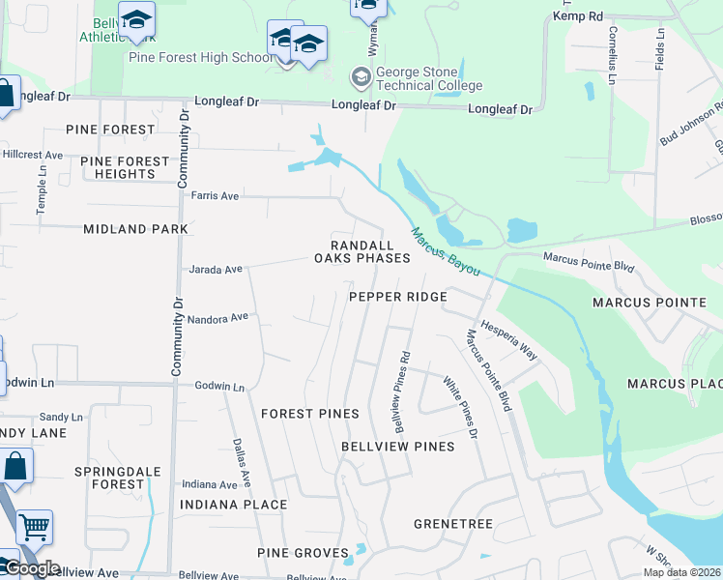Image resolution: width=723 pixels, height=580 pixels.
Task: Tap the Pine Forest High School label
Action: pos(201,57)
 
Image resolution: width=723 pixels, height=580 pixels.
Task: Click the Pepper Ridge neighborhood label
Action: pos(397,297)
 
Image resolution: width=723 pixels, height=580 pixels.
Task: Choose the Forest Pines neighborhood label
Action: pos(310,414)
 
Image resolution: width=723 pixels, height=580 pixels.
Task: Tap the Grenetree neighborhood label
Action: pos(453,524)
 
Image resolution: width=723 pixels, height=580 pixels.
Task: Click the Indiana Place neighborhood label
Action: pos(233,505)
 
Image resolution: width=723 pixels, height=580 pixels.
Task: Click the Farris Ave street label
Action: pos(215,195)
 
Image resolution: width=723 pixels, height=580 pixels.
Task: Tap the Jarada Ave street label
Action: pos(215,270)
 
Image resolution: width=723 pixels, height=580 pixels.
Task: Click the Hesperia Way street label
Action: pos(508,341)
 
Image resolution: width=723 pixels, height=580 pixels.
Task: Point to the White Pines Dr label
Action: pos(461,407)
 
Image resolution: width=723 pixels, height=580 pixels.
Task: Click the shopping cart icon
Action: pos(34,527)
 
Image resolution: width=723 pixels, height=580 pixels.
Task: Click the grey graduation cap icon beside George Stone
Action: pos(360,76)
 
